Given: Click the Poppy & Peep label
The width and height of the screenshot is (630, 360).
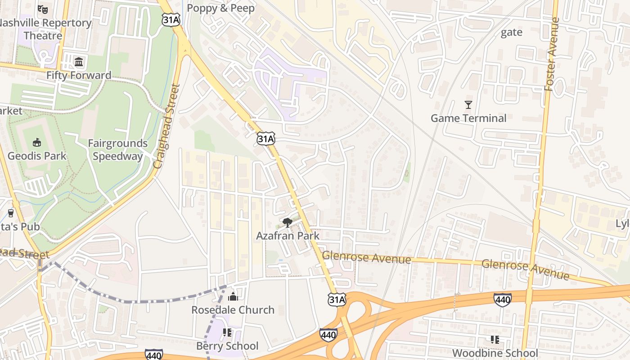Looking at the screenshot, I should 220,8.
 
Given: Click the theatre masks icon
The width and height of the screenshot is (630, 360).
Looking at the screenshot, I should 43,9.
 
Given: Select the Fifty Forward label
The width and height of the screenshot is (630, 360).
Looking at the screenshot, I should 79,75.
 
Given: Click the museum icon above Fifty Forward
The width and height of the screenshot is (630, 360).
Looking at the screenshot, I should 79,62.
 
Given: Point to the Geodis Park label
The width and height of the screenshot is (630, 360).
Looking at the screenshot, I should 37,156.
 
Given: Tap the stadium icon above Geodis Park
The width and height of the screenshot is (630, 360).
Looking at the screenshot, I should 37,143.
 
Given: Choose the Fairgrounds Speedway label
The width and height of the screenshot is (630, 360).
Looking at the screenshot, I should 117,150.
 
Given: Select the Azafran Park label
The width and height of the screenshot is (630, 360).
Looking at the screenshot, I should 288,235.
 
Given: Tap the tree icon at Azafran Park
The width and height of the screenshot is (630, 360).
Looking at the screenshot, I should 287,222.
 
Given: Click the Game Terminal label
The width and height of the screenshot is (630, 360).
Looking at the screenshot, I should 468,118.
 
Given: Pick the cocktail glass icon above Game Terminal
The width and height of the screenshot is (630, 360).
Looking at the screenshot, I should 468,105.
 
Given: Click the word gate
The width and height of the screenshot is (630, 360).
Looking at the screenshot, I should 512,32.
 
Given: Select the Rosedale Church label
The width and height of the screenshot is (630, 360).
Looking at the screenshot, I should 233,310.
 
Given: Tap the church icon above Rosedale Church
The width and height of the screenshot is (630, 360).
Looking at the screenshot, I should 233,297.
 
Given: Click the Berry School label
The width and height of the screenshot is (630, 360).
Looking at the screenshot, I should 227,346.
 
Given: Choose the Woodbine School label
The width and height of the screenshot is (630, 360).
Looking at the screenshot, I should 495,353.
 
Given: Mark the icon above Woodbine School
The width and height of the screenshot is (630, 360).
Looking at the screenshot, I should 495,340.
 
